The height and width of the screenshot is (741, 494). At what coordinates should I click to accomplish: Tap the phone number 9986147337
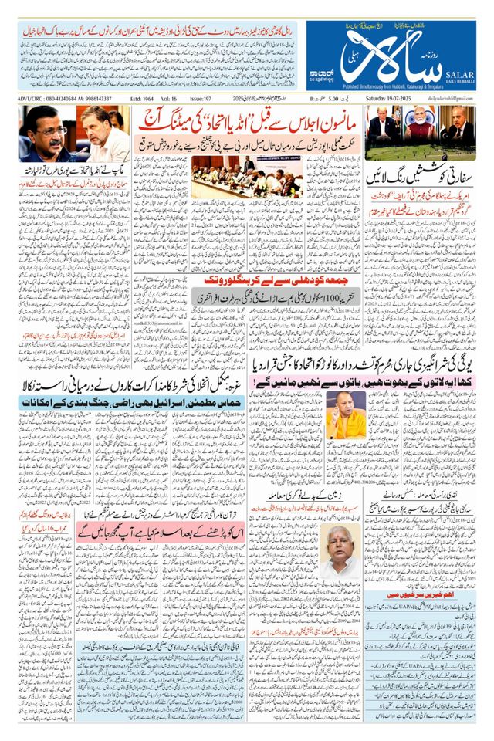coord(93,99)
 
